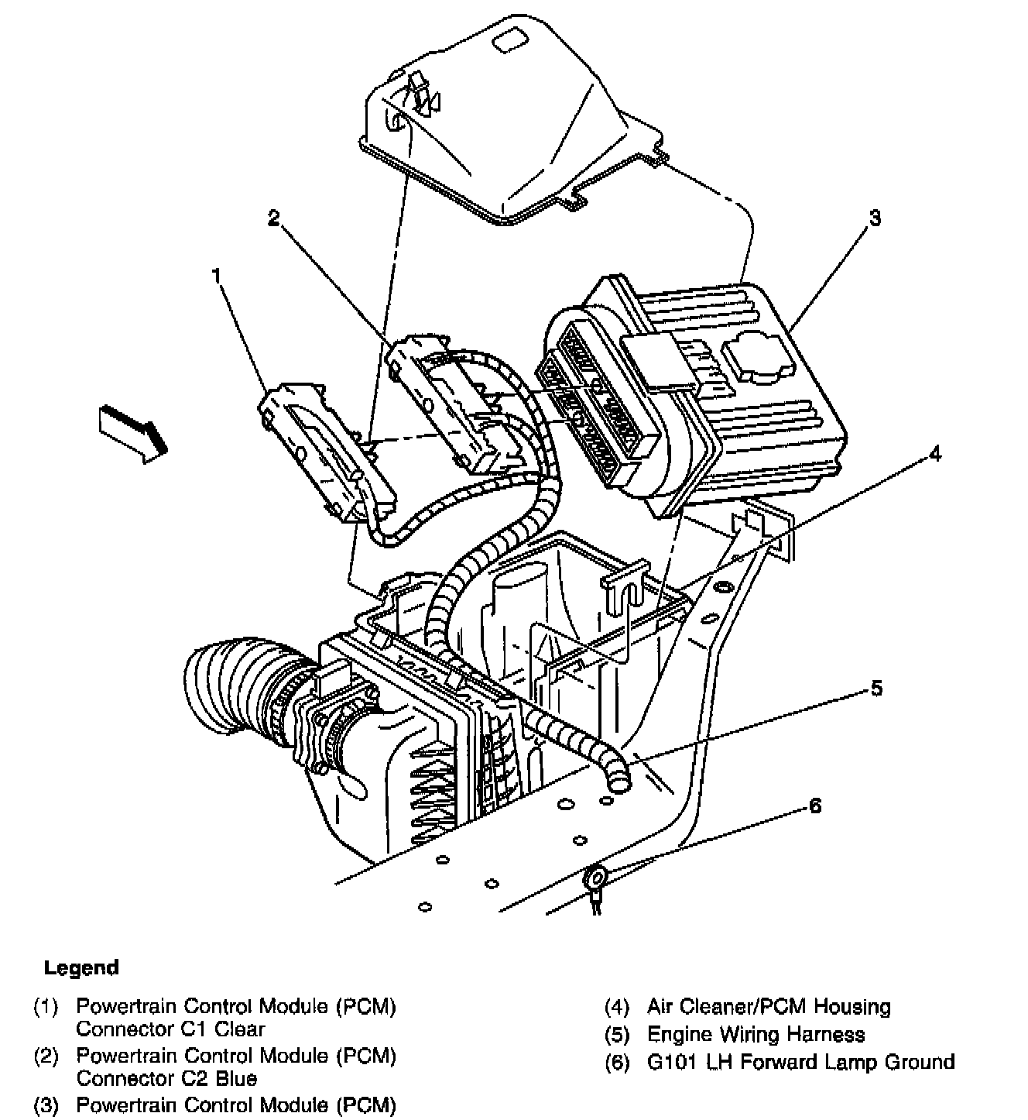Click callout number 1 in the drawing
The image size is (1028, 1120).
pyautogui.click(x=218, y=276)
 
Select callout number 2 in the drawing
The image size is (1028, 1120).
pyautogui.click(x=272, y=218)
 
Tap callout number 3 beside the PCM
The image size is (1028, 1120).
pyautogui.click(x=874, y=219)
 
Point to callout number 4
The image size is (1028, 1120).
pyautogui.click(x=935, y=454)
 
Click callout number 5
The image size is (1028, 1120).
pyautogui.click(x=876, y=688)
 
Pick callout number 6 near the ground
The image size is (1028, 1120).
pyautogui.click(x=814, y=806)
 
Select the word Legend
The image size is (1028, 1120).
pyautogui.click(x=81, y=967)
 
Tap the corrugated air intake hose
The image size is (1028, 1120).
pyautogui.click(x=224, y=685)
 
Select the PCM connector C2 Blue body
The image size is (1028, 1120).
pyautogui.click(x=449, y=403)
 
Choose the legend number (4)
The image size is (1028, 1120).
pyautogui.click(x=616, y=1007)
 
